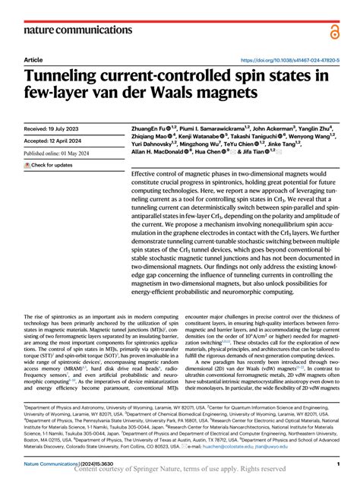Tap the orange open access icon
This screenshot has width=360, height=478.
(334, 30)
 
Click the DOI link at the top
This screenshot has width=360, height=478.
(289, 59)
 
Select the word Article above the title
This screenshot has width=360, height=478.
(33, 59)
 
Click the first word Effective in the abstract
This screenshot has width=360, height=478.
(146, 174)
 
